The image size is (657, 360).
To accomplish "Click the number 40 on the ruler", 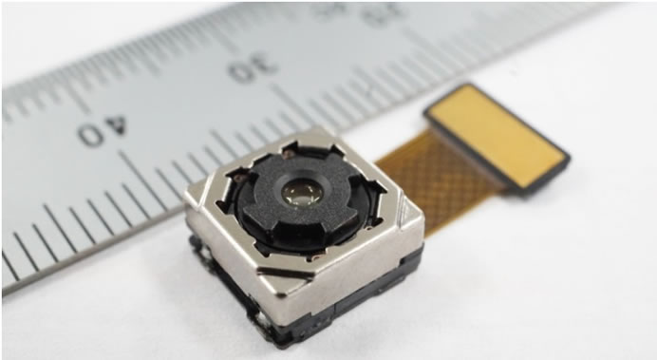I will click(103, 131).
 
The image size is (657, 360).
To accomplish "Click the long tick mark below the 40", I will click(142, 176).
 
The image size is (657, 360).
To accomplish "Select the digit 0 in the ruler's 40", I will click(89, 136).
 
